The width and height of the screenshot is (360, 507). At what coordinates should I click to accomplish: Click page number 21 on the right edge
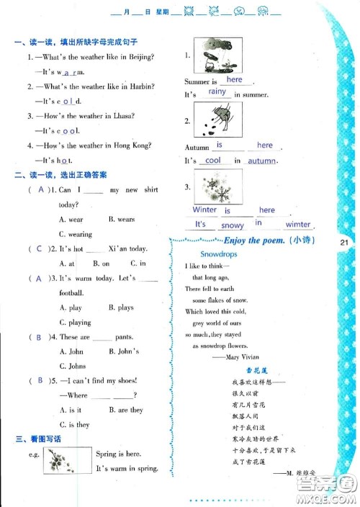[343, 243]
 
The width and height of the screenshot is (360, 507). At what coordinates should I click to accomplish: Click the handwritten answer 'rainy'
[217, 92]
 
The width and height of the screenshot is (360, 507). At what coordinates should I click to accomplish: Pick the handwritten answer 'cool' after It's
[213, 161]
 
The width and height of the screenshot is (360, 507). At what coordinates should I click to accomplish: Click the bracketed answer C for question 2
[40, 249]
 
